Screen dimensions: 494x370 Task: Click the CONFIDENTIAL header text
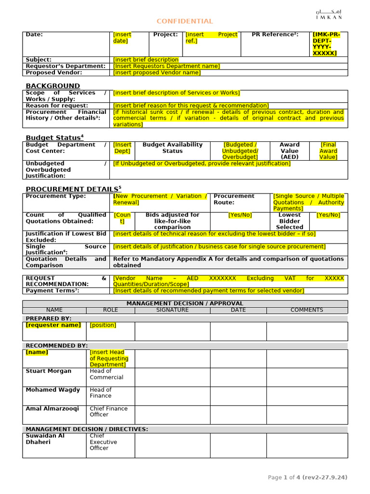185,21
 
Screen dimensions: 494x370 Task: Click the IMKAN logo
329,14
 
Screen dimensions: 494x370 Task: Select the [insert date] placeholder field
122,38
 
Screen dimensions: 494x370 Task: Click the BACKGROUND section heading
53,85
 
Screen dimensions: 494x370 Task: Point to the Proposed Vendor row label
54,73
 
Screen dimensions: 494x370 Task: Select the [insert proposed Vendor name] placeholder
157,73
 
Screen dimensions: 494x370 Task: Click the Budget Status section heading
54,137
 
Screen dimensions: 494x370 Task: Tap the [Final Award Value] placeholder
329,151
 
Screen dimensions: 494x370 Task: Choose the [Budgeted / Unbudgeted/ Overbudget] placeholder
240,151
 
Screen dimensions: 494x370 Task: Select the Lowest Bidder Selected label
290,221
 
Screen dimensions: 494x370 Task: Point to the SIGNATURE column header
172,310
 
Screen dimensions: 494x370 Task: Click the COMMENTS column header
307,310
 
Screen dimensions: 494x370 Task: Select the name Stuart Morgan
48,371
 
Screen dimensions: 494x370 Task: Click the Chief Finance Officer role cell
108,412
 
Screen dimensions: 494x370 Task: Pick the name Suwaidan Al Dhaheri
45,439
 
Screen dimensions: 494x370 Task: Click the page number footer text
307,478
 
